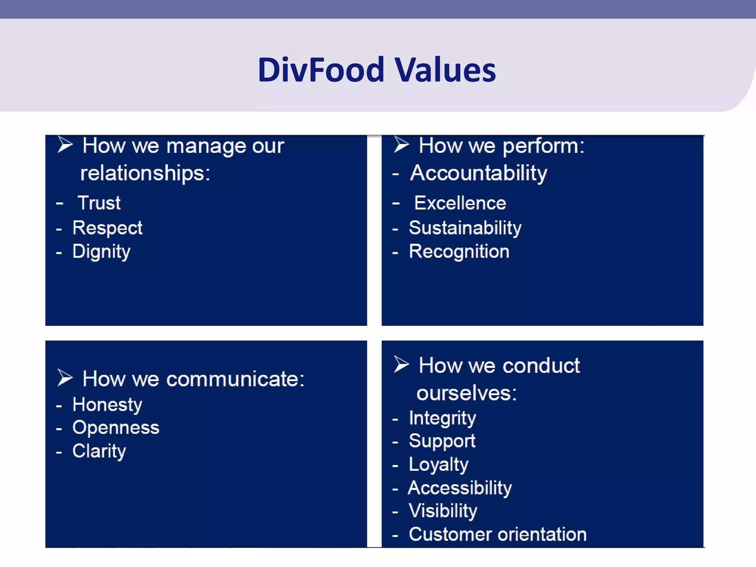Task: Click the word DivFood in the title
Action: (321, 70)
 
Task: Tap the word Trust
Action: (99, 203)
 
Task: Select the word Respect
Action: (107, 228)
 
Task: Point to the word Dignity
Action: (101, 252)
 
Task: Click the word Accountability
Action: (478, 173)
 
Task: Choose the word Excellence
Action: (460, 203)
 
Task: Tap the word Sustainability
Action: (465, 228)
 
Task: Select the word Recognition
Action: (459, 252)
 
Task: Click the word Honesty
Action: (107, 405)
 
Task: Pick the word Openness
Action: (116, 428)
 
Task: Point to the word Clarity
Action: (99, 451)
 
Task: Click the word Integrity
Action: (442, 419)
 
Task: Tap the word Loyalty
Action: (439, 465)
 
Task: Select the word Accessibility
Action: (460, 488)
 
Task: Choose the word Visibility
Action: (443, 511)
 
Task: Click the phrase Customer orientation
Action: (497, 535)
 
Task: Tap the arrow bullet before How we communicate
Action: (65, 378)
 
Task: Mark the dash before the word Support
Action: (395, 442)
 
